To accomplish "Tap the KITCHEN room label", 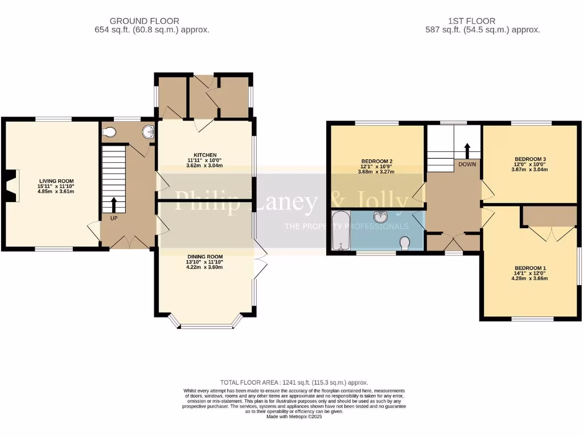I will click(x=205, y=155).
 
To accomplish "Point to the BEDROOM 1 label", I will click(x=530, y=268).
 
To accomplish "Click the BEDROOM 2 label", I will click(x=377, y=160).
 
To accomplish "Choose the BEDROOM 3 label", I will click(x=530, y=159).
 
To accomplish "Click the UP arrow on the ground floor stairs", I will click(x=114, y=204).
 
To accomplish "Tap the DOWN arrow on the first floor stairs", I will click(x=467, y=151).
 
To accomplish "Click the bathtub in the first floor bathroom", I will click(x=341, y=230).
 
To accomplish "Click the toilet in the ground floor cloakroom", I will click(x=110, y=132).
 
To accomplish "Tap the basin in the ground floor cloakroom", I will click(x=149, y=132).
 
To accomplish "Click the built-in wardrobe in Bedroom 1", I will click(x=549, y=216).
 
